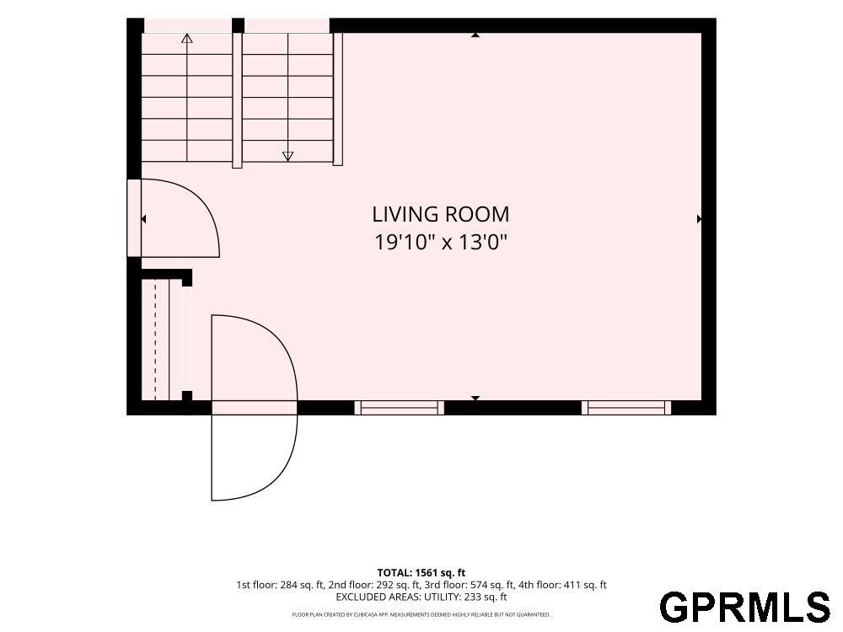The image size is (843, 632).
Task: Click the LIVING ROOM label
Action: coord(440,214)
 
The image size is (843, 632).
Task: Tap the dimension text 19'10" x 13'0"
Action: coord(441,243)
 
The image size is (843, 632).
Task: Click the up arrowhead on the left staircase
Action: coord(187,38)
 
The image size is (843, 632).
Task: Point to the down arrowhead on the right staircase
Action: coord(288,157)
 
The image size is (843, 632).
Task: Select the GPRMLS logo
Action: coord(745,608)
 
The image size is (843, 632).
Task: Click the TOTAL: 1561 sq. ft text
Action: coord(421,573)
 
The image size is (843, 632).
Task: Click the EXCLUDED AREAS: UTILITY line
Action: coord(421,597)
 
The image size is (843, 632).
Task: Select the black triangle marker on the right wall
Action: coord(700,219)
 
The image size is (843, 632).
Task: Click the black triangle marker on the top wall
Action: coord(475,35)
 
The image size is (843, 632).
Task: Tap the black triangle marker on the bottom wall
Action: coord(475,399)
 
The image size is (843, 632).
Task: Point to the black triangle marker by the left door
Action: coord(143,219)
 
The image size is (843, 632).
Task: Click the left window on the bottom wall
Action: coord(399,408)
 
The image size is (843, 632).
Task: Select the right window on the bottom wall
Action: coord(626,408)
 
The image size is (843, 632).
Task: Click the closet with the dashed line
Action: coord(161,339)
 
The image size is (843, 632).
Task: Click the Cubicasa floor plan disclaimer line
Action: coord(421,614)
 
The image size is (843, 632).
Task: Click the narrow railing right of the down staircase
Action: coord(338,99)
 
